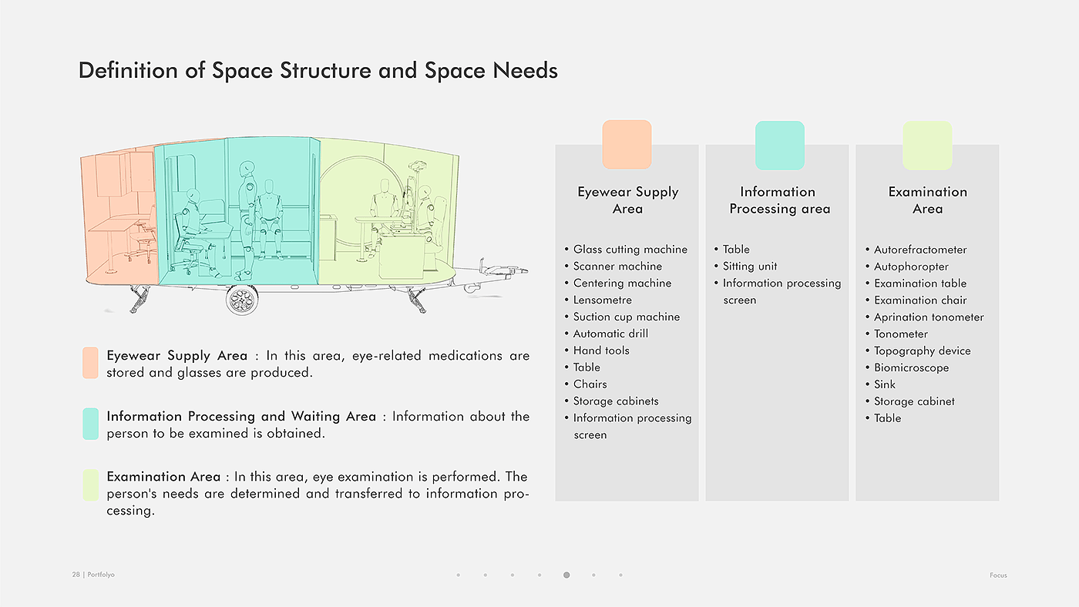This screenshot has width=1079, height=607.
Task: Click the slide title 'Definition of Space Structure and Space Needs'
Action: point(318,71)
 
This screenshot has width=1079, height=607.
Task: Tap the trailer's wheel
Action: point(242,300)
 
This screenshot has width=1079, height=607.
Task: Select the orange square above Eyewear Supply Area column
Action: point(627,144)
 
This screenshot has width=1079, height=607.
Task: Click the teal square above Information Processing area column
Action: point(779,145)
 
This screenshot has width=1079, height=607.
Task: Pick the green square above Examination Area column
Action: point(927,145)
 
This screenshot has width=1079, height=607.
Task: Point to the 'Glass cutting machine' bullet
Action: point(630,250)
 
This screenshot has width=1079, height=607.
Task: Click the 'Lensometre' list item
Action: point(602,300)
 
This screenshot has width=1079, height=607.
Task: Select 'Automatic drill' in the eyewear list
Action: point(610,334)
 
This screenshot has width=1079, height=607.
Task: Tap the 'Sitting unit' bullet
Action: point(749,267)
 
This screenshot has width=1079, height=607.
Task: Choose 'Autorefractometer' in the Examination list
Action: point(919,250)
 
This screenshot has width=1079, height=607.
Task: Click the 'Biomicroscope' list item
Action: point(911,367)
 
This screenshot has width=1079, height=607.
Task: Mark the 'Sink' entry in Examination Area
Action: point(884,384)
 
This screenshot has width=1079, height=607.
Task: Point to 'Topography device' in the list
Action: point(922,350)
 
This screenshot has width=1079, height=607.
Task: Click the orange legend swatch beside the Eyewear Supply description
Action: point(90,363)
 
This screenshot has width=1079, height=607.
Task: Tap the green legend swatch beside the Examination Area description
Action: point(90,485)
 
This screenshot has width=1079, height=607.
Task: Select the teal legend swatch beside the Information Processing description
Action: point(90,424)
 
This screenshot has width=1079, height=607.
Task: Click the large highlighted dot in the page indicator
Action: point(566,575)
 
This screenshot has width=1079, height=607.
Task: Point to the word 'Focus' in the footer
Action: point(998,575)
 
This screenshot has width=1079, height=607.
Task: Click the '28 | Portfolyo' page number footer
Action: point(93,575)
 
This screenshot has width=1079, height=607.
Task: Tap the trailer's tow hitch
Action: point(505,271)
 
